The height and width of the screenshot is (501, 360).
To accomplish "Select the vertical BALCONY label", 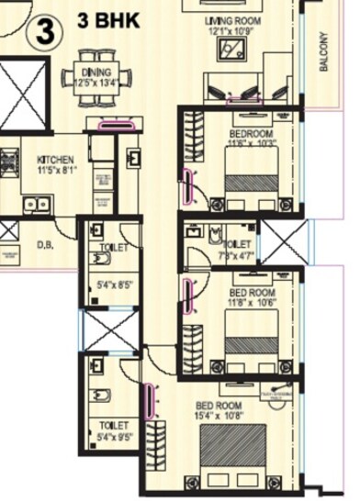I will click(323, 52).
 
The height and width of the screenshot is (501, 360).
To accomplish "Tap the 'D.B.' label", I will click(44, 245).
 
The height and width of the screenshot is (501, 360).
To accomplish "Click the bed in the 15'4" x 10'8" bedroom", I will click(233, 455).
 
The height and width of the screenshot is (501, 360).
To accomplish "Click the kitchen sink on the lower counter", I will click(35, 203).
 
